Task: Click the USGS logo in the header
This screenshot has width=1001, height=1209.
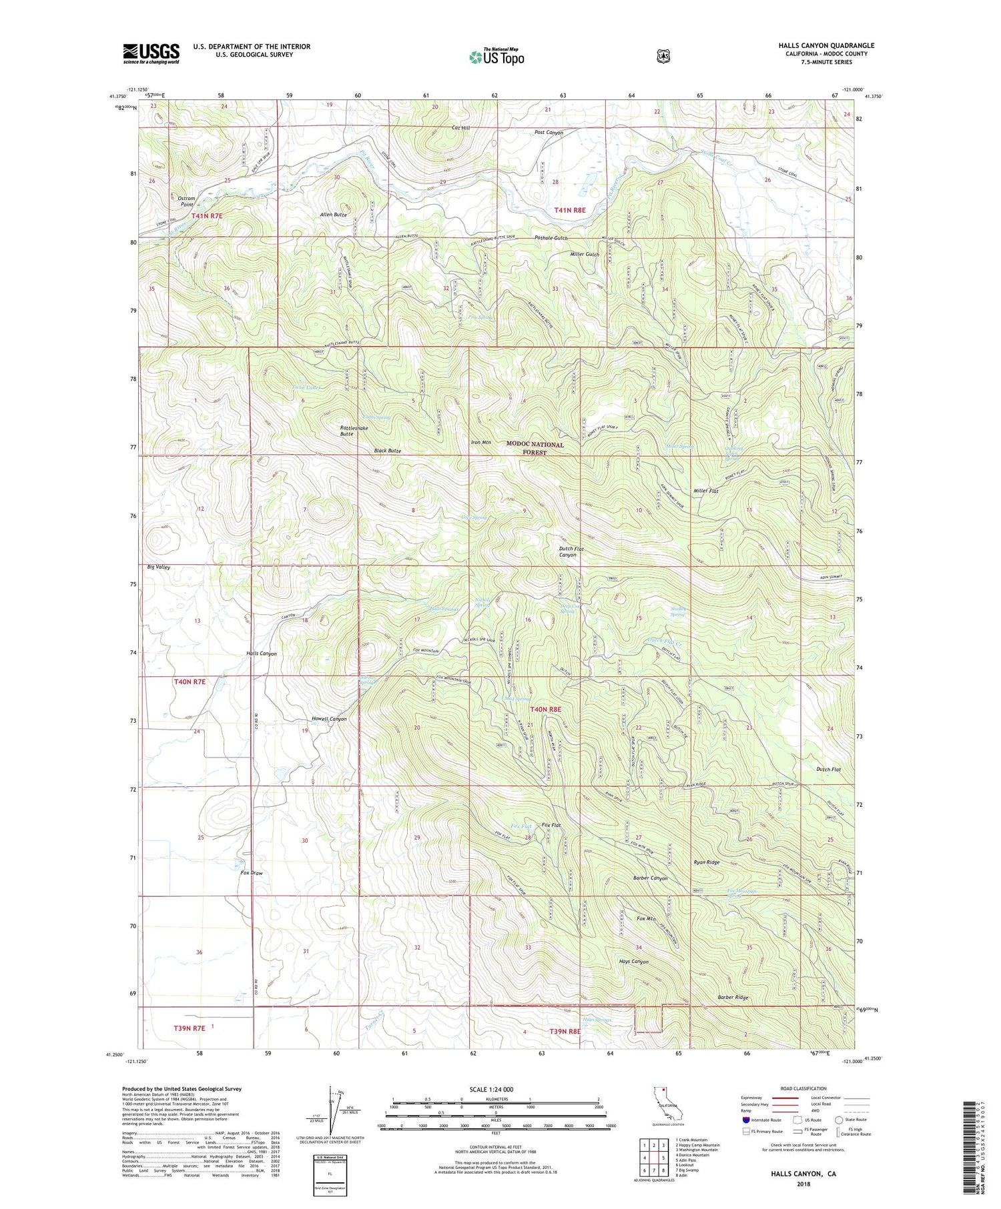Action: [x=151, y=53]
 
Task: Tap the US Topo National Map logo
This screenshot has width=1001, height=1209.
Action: [x=496, y=56]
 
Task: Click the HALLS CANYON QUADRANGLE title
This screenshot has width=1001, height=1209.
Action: [x=825, y=45]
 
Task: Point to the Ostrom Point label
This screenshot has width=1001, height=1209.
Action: [x=187, y=201]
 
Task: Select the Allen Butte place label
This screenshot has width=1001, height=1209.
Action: [x=333, y=215]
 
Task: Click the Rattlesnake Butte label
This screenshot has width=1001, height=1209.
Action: [x=355, y=431]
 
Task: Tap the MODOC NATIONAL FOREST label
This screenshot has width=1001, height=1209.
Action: [x=535, y=448]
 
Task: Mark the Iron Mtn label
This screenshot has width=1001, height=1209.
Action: [x=480, y=442]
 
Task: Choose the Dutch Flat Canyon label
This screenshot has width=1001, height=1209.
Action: [x=567, y=551]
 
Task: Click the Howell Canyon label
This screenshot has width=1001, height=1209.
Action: [x=329, y=719]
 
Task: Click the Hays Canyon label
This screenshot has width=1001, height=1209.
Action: [x=633, y=962]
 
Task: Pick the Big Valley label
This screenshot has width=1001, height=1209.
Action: [x=159, y=567]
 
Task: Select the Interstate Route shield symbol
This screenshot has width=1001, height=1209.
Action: [x=745, y=1120]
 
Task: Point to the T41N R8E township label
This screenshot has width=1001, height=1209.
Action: [x=570, y=210]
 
